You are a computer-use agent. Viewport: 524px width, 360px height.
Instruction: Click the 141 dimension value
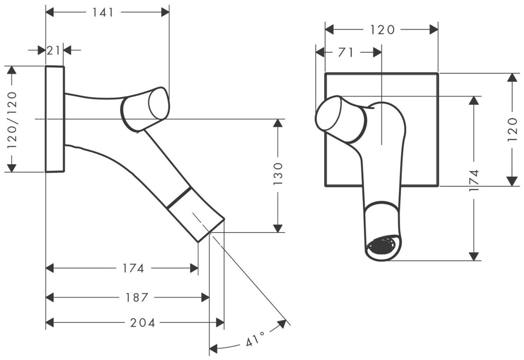tap(102, 12)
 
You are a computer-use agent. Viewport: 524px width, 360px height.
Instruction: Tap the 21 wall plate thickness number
tap(54, 50)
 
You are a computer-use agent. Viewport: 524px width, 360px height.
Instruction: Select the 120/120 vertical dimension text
tap(12, 119)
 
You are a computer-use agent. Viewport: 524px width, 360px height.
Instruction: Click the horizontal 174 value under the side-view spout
tap(133, 269)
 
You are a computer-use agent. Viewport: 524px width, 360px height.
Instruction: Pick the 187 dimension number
tap(137, 297)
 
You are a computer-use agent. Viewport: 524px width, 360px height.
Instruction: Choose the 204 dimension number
tap(143, 323)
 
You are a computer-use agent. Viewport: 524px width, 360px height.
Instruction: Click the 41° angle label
tap(256, 340)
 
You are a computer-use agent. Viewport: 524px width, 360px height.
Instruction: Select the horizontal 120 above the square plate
tap(382, 29)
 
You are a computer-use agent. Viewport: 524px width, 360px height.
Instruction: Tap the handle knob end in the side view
tap(158, 103)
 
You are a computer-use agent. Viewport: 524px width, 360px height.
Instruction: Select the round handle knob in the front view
tap(328, 113)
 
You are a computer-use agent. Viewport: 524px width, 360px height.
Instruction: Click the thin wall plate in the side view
tap(54, 119)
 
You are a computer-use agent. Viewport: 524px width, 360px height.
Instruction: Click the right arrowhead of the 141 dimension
tap(165, 12)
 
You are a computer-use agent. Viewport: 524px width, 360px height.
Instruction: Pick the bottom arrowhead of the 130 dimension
tap(278, 228)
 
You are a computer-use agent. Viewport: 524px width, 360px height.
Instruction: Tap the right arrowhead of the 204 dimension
tap(220, 323)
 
